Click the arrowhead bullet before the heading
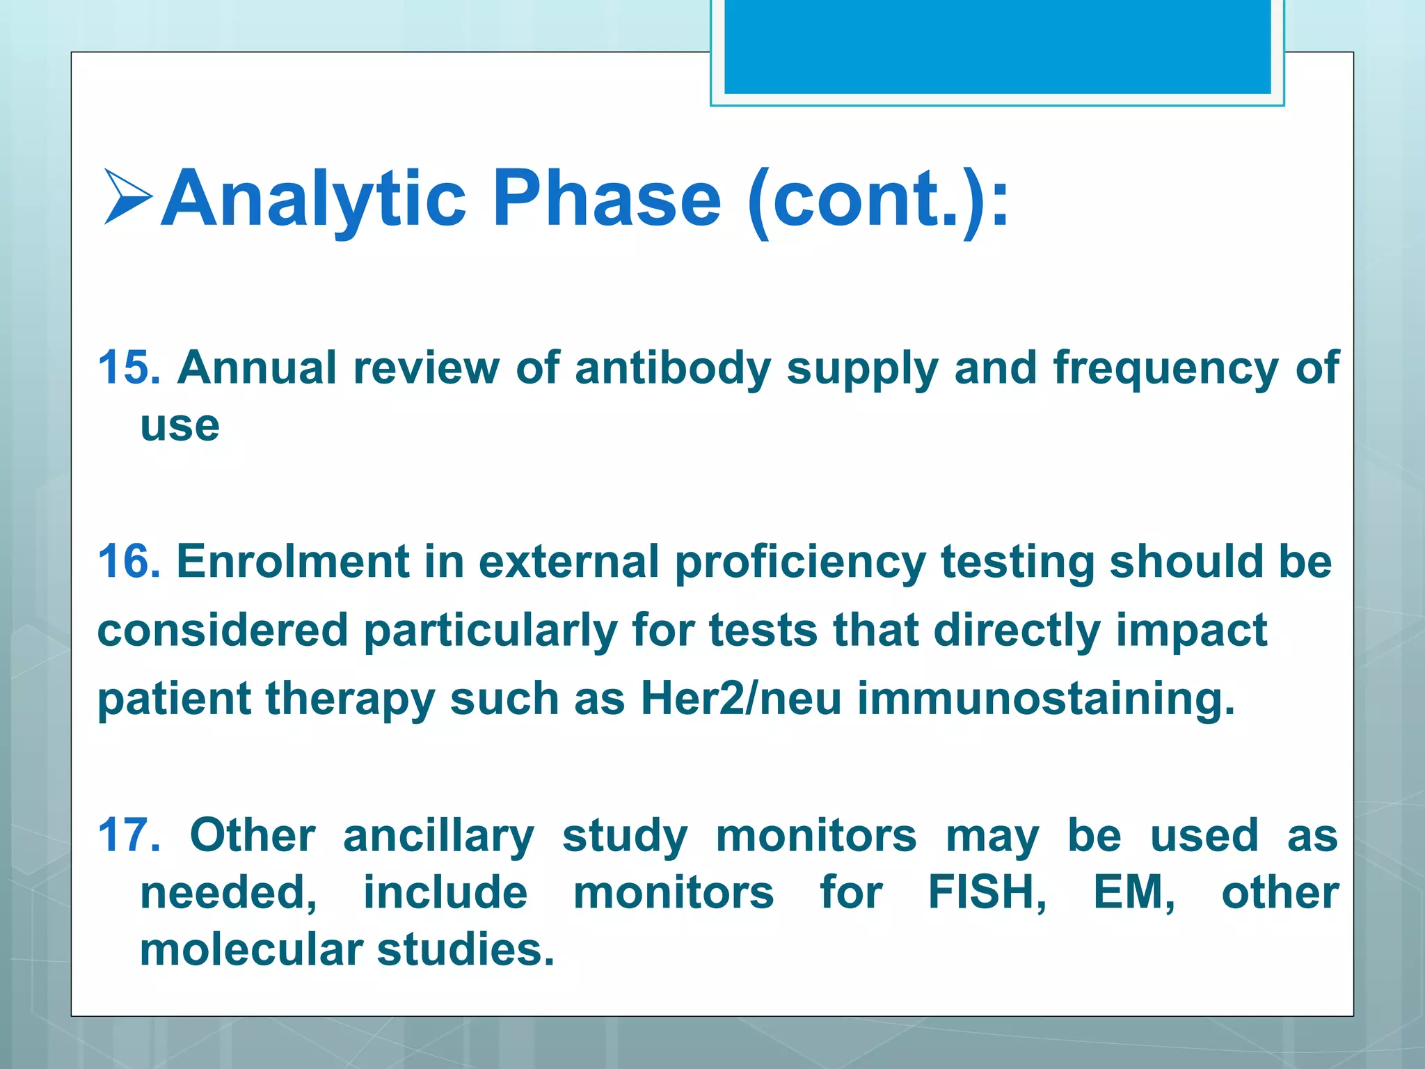(x=128, y=198)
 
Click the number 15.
(x=129, y=367)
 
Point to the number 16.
(x=129, y=561)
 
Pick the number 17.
(x=129, y=835)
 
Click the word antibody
(x=672, y=367)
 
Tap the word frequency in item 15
(x=1165, y=367)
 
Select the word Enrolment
(x=292, y=561)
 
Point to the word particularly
(x=490, y=631)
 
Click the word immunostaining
(x=1046, y=699)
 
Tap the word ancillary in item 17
(x=438, y=835)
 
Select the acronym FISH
(x=987, y=893)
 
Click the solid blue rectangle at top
(x=997, y=46)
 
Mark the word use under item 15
(x=180, y=425)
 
